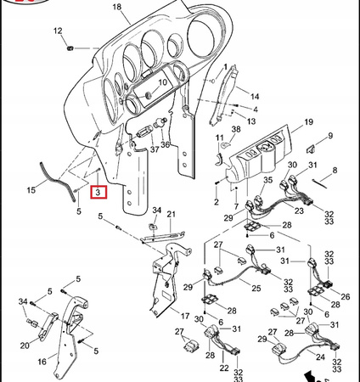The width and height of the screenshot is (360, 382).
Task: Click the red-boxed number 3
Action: (x=98, y=193)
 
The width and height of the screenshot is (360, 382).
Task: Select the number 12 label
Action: (x=59, y=31)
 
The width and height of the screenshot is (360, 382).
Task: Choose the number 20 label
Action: (x=24, y=345)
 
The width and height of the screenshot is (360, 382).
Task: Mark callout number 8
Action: (x=335, y=171)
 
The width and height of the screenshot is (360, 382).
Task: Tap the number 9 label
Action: (x=329, y=135)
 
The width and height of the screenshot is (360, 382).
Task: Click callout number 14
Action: (x=255, y=98)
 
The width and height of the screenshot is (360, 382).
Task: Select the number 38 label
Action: (x=236, y=128)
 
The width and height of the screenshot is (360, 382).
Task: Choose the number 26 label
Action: (x=345, y=296)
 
